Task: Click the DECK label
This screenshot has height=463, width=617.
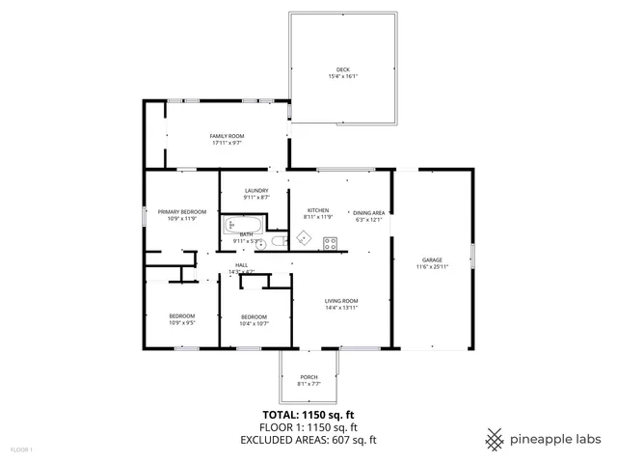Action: pos(343,69)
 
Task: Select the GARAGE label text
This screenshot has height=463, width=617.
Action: pos(432,259)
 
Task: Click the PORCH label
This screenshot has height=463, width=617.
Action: pos(308,377)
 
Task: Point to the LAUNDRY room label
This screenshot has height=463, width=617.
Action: pos(255,191)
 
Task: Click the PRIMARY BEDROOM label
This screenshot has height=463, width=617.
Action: pos(182,211)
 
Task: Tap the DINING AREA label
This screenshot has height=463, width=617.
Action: pos(368,212)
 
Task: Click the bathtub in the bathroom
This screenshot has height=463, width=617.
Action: pos(243,226)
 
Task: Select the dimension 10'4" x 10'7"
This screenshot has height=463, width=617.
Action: pos(254,324)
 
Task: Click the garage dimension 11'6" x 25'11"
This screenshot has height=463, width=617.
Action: pos(432,266)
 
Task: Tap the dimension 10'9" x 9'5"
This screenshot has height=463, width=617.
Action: pos(182,323)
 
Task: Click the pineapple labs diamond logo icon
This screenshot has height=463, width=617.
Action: pos(496,439)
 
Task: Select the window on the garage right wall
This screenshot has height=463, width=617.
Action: pos(472,259)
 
